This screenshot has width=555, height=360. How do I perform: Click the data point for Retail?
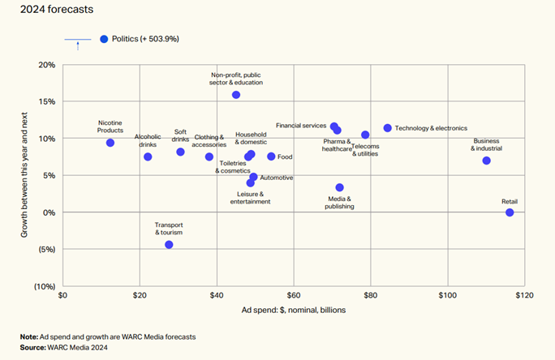510,212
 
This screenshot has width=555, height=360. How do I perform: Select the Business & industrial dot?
486,161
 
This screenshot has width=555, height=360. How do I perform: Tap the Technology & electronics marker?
387,128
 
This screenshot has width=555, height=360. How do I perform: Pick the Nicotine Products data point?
110,143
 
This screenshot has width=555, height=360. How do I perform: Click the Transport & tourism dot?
169,244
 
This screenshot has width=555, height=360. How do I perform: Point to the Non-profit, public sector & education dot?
236,95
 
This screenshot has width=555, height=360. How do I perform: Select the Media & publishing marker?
339,187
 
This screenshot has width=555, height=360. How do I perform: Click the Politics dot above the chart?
104,39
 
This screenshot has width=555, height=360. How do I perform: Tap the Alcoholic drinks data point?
148,156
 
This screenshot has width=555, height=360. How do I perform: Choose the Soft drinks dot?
180,152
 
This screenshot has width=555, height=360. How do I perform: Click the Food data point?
271,156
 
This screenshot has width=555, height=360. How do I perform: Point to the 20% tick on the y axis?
47,65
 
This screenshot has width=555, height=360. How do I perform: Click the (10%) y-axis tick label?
45,286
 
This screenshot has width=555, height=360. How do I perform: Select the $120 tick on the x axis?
523,296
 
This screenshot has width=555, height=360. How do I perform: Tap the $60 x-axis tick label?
294,296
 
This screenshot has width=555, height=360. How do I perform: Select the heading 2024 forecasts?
58,11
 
